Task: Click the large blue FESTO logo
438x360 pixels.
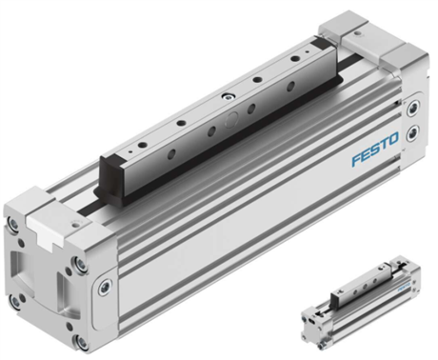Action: pos(375,149)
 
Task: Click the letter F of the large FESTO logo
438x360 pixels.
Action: pos(357,159)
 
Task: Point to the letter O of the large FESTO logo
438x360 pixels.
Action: pos(393,139)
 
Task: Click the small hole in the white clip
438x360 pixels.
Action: pos(75,225)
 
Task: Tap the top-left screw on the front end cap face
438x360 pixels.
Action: pos(13,223)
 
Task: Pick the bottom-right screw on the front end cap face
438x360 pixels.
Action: pos(81,342)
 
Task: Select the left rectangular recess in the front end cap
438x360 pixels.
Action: pos(16,265)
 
